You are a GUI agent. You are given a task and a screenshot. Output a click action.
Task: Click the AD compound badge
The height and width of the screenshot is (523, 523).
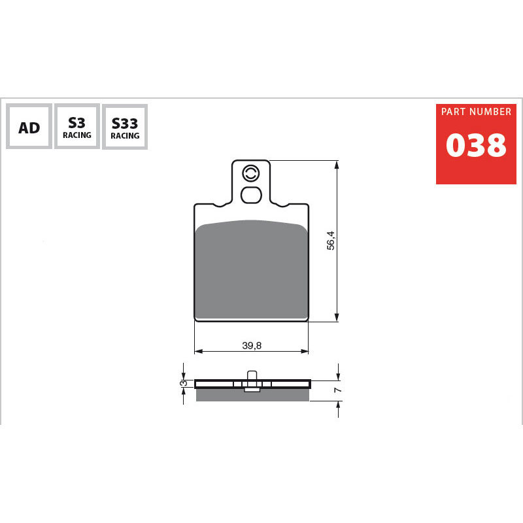[29, 126]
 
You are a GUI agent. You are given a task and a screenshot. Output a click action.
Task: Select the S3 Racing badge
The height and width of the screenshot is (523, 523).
[77, 126]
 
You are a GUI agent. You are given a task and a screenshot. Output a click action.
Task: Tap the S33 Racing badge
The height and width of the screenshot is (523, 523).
[125, 127]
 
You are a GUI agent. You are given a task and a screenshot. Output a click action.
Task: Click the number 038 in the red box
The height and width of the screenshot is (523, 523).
[476, 145]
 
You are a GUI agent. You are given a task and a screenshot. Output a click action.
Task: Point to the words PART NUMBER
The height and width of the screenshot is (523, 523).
[476, 112]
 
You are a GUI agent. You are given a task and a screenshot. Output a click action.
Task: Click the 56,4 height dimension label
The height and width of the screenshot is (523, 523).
[331, 241]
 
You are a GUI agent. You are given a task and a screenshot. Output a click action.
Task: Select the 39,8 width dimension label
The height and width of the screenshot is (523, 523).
[252, 346]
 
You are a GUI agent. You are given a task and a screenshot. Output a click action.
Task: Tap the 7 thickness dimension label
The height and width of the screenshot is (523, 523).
[338, 390]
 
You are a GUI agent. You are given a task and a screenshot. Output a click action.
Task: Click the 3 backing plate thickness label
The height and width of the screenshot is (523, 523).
[184, 383]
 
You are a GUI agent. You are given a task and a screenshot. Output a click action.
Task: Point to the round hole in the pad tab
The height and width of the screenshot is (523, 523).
[250, 173]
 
